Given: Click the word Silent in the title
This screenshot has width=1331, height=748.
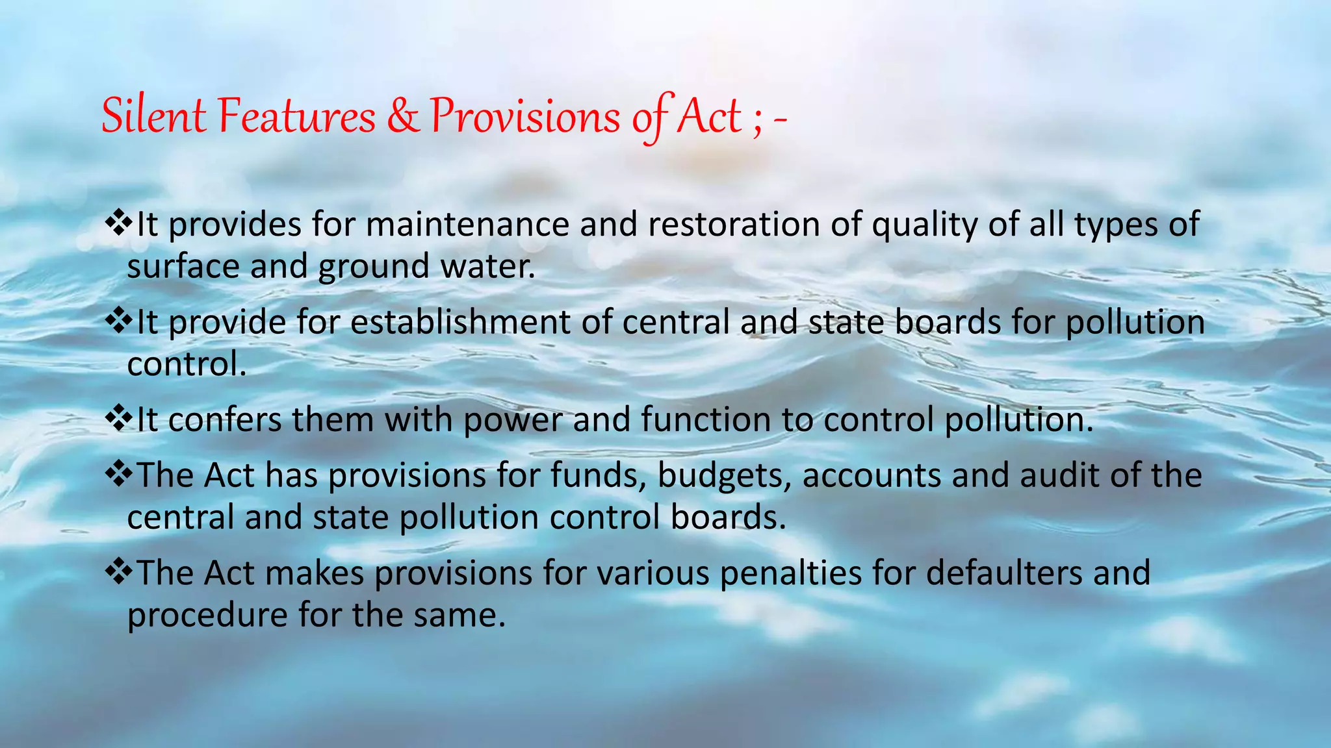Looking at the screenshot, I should [x=153, y=117].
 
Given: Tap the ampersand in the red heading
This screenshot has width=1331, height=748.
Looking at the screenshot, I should [x=404, y=117].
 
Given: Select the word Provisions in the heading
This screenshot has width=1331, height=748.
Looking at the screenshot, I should [x=525, y=117].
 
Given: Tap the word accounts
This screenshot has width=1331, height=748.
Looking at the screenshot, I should [x=872, y=475].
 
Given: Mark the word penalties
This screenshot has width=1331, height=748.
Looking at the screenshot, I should [x=791, y=573].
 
